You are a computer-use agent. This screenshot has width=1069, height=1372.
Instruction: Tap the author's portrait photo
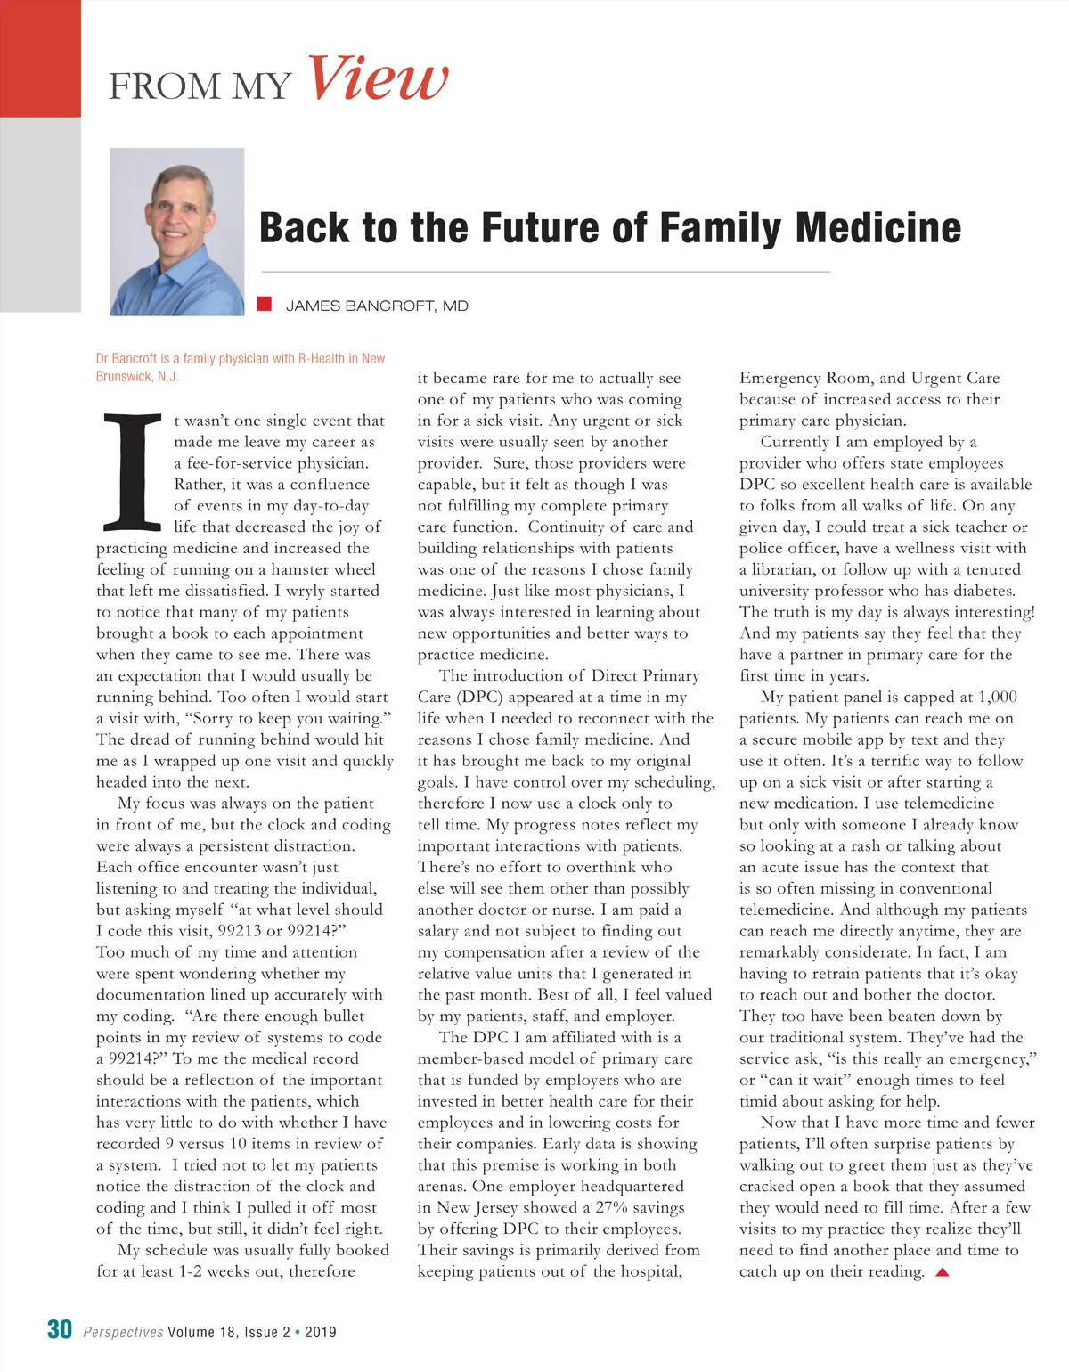(x=177, y=232)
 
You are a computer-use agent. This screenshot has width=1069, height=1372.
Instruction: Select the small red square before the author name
(x=264, y=305)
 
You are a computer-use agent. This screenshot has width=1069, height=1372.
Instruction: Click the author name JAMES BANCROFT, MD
(x=377, y=306)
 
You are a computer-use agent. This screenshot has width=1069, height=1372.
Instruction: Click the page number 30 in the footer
(x=60, y=1330)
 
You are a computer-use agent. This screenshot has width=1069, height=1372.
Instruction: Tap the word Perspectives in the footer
(x=123, y=1333)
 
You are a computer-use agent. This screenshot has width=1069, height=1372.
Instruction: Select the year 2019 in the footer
(x=321, y=1333)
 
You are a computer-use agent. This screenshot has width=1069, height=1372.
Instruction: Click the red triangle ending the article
(x=943, y=1272)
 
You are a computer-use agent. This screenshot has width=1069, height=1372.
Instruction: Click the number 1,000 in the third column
(x=997, y=698)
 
